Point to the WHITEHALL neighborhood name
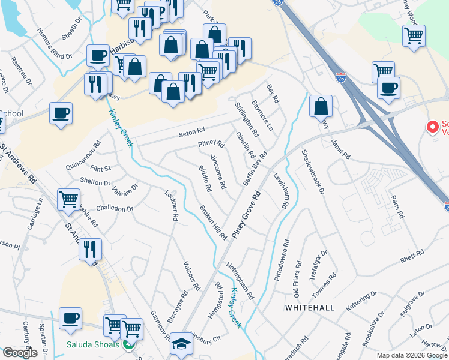coord(310,307)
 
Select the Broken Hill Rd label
coord(213,223)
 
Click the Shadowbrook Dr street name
coord(313,172)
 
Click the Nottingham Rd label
coord(240,281)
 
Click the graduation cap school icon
coord(180,344)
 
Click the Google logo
coord(20,353)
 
